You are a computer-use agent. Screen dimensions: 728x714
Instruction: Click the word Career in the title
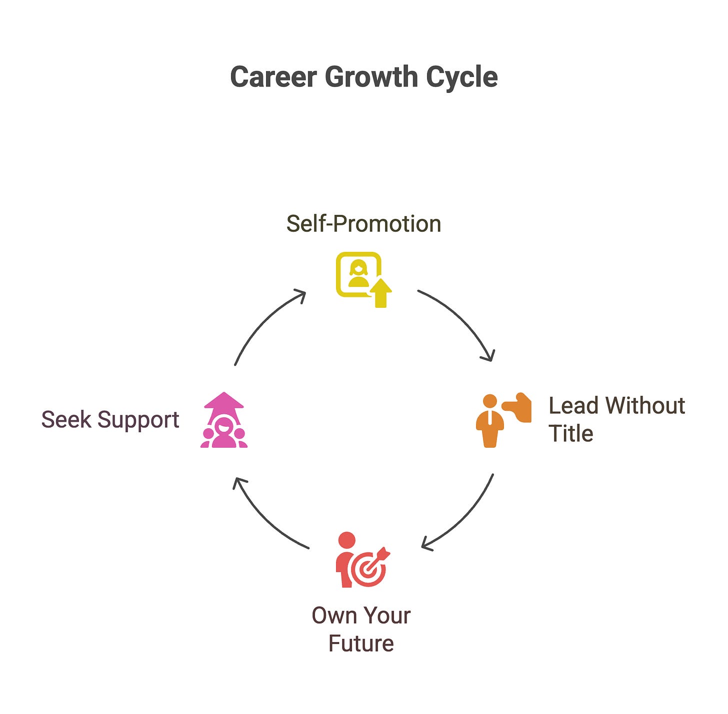click(273, 77)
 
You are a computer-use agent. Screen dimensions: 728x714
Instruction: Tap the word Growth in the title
click(371, 77)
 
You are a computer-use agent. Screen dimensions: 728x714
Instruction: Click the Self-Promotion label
click(363, 224)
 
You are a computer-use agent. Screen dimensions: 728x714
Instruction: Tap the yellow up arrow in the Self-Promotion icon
click(381, 293)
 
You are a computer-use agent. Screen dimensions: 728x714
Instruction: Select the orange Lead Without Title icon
click(502, 420)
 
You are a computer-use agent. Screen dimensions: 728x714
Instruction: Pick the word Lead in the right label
click(573, 406)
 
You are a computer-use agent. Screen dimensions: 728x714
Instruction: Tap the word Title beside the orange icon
click(570, 434)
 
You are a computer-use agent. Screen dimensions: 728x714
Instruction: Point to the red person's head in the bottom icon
click(346, 540)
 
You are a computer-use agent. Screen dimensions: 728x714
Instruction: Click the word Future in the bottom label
click(361, 644)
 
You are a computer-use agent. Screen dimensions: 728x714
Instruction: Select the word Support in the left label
click(138, 420)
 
